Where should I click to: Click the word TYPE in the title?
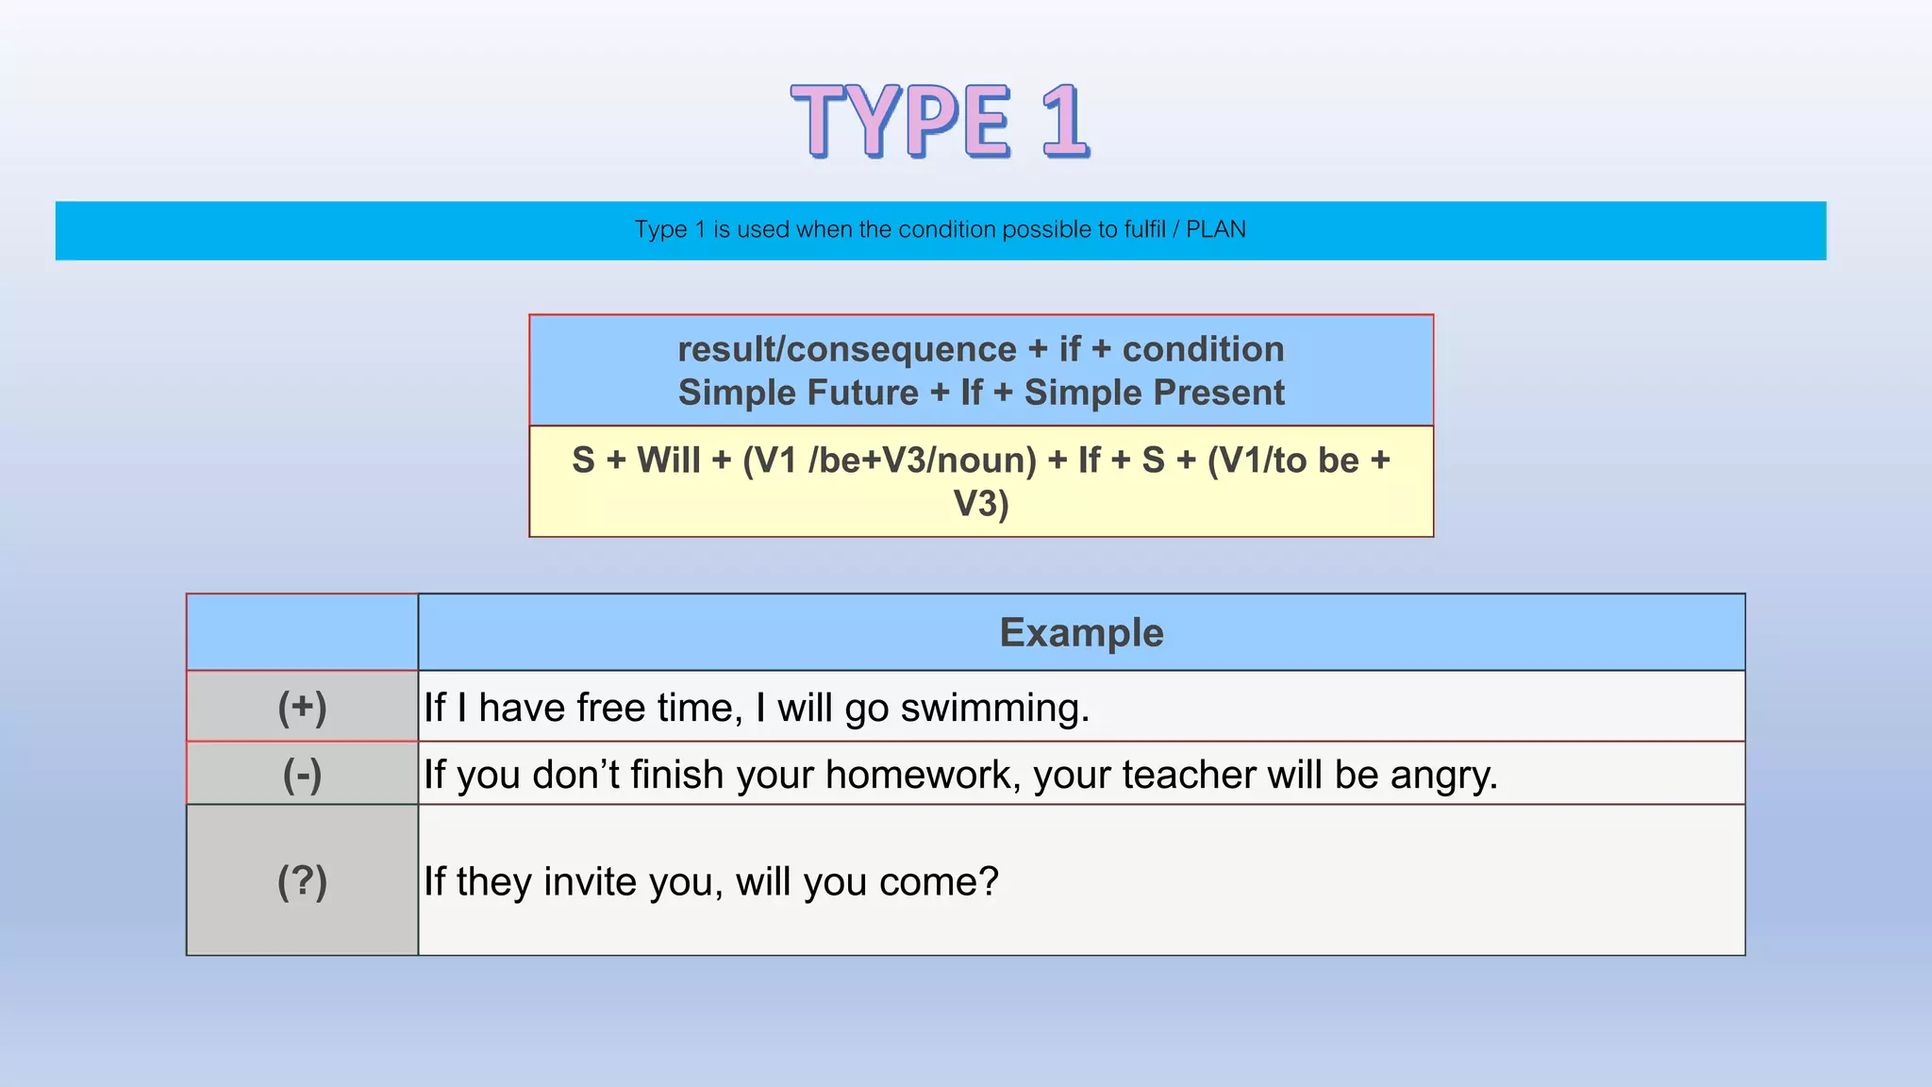tap(901, 121)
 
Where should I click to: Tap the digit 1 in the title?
tap(1064, 121)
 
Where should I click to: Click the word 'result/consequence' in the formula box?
tap(846, 349)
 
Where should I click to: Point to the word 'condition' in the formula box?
tap(1203, 349)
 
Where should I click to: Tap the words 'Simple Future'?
tap(798, 393)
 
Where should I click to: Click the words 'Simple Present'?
tap(1154, 393)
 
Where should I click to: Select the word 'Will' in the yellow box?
tap(668, 460)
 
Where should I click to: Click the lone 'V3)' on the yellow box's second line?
tap(981, 504)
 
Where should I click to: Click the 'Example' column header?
tap(1081, 633)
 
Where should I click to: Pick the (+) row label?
tap(302, 707)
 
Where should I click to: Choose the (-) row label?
tap(302, 775)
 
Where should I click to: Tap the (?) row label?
tap(302, 881)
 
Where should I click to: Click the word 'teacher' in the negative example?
tap(1191, 776)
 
